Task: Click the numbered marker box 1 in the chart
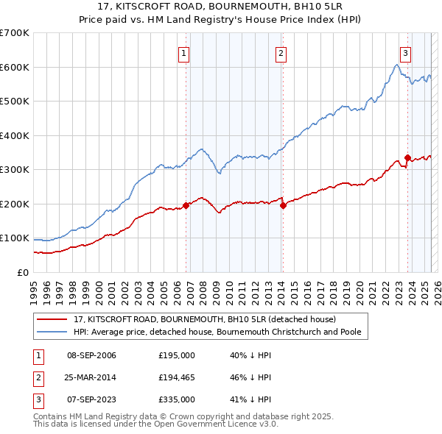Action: [183, 52]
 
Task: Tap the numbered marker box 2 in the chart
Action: [281, 52]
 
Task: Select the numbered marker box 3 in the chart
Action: [405, 52]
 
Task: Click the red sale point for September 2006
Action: [186, 206]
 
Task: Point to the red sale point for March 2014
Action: [283, 206]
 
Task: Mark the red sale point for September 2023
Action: [407, 157]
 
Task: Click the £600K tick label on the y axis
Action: [15, 67]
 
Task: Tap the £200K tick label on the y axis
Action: [15, 204]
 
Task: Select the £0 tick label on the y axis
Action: [23, 272]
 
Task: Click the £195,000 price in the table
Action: [177, 355]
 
